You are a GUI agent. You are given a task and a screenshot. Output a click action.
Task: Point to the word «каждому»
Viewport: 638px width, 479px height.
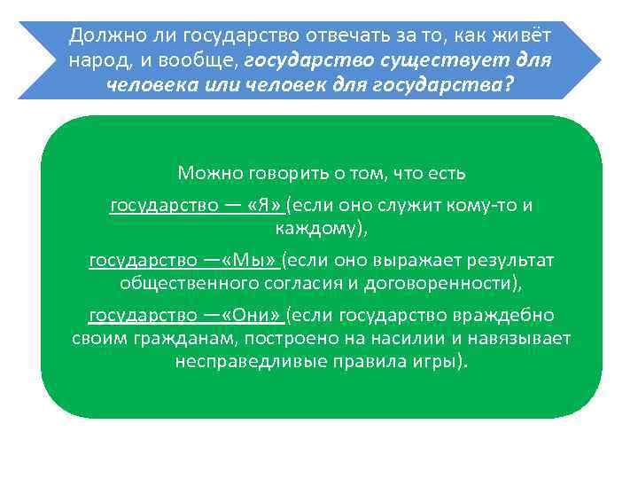click(316, 228)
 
